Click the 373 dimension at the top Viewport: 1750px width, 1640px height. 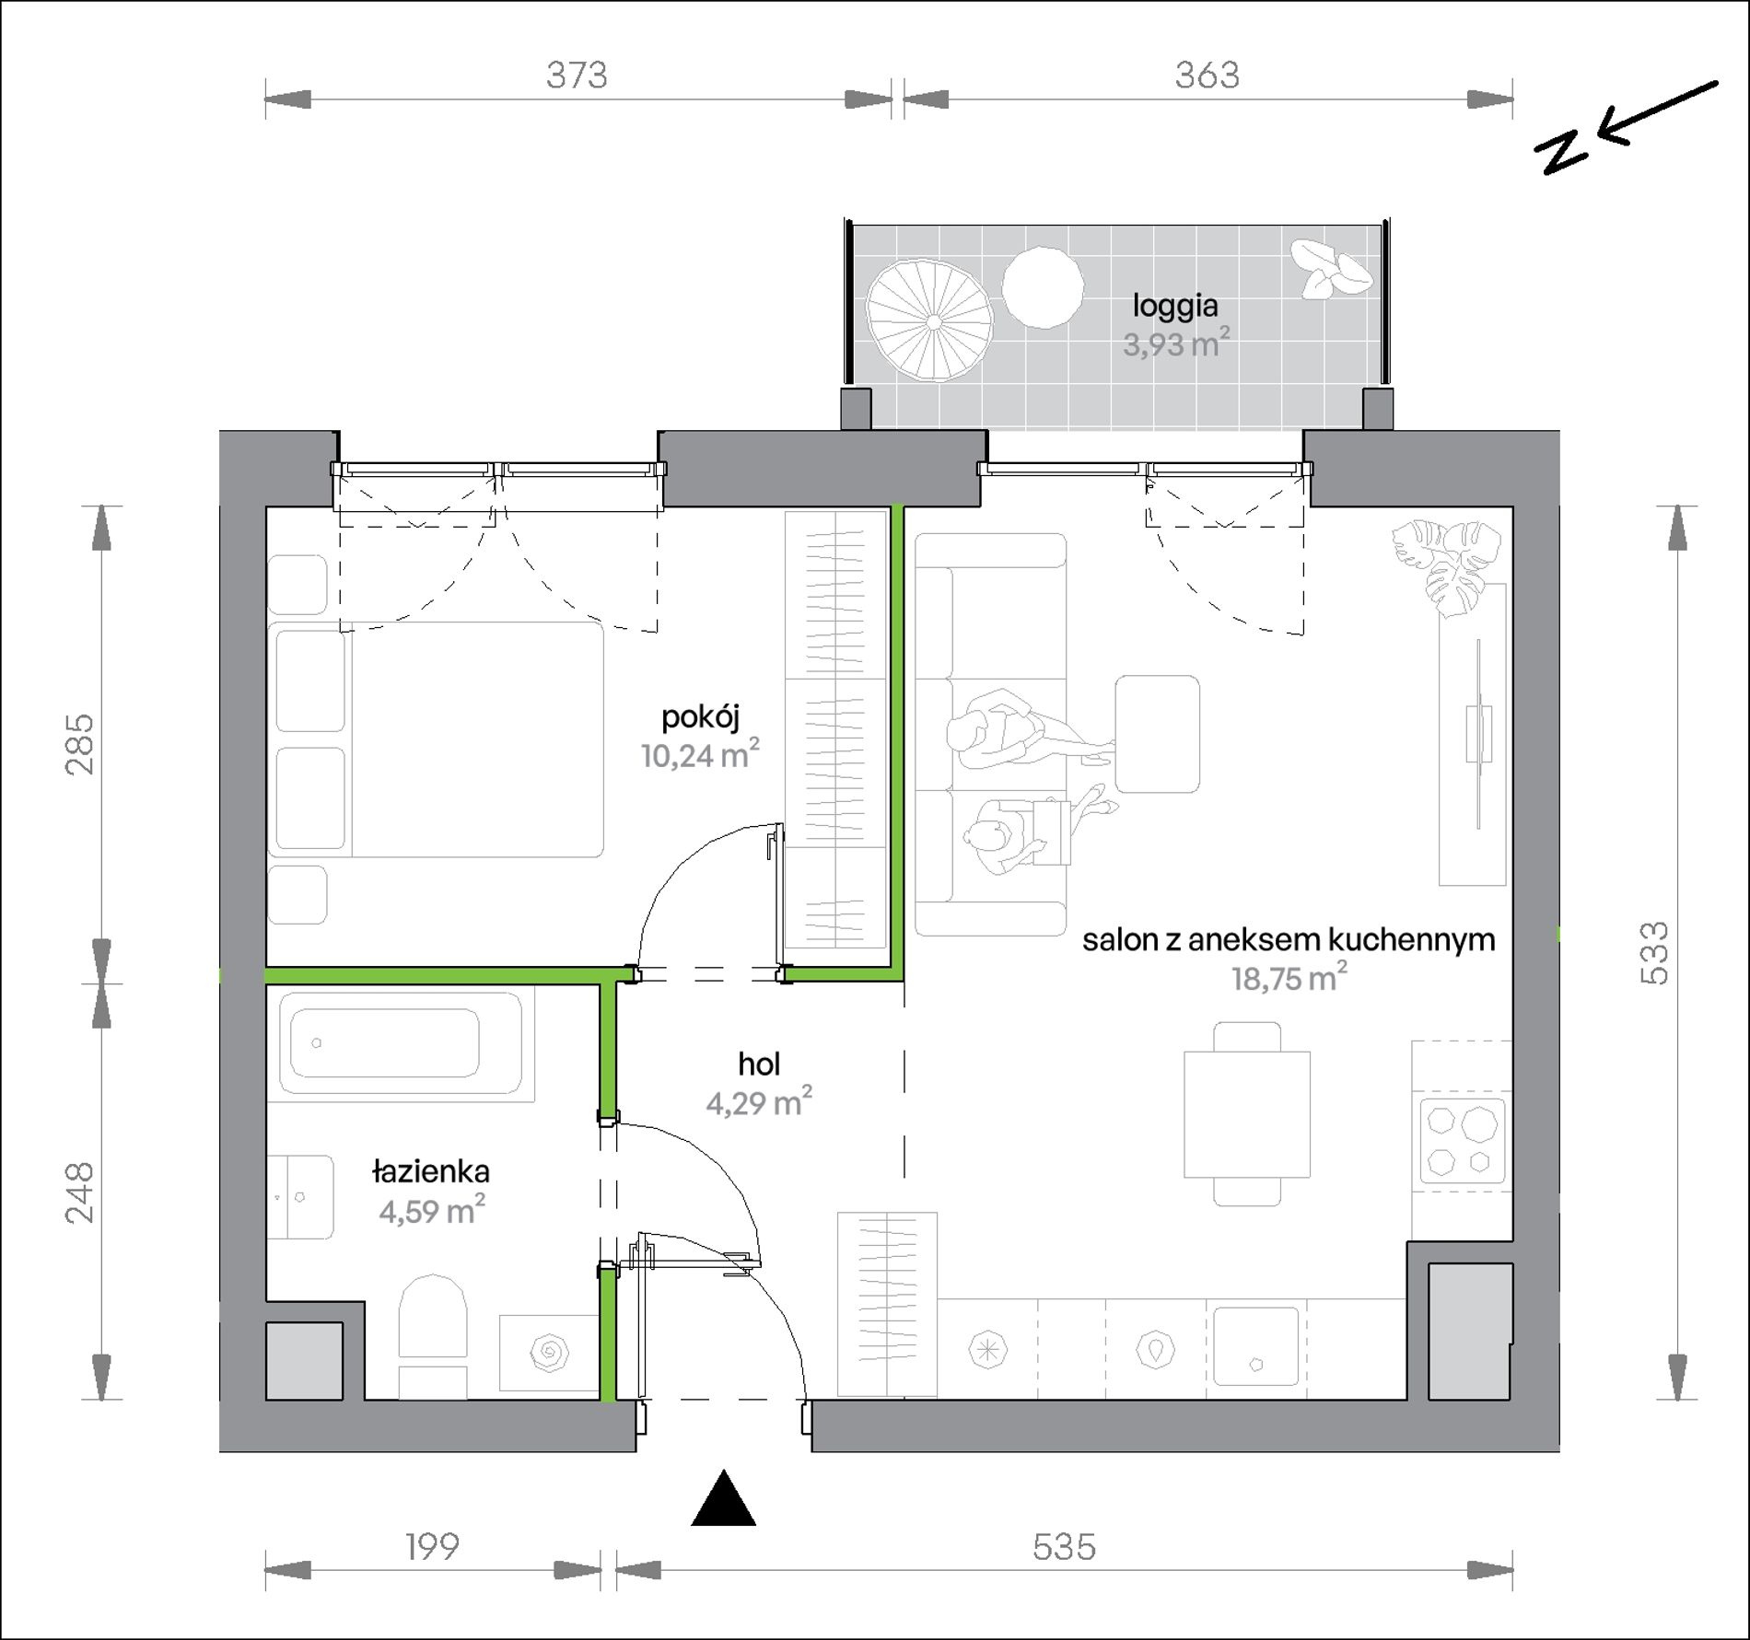pos(577,75)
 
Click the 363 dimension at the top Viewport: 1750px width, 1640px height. pos(1207,75)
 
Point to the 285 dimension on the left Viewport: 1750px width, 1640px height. pos(81,743)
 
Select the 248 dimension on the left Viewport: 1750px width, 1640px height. pos(81,1192)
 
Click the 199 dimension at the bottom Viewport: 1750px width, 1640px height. pos(432,1546)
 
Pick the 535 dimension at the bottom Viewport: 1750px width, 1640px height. pos(1064,1546)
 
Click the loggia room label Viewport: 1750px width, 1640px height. pos(1176,306)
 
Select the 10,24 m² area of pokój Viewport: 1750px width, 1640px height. pos(700,755)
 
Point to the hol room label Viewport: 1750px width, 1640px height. pos(759,1064)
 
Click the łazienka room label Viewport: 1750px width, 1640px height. pos(430,1171)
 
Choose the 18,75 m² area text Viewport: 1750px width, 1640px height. pos(1289,978)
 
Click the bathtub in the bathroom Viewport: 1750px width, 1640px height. pos(400,1044)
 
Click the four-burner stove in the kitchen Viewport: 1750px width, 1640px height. pos(1462,1142)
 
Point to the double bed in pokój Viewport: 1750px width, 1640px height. pos(437,739)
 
